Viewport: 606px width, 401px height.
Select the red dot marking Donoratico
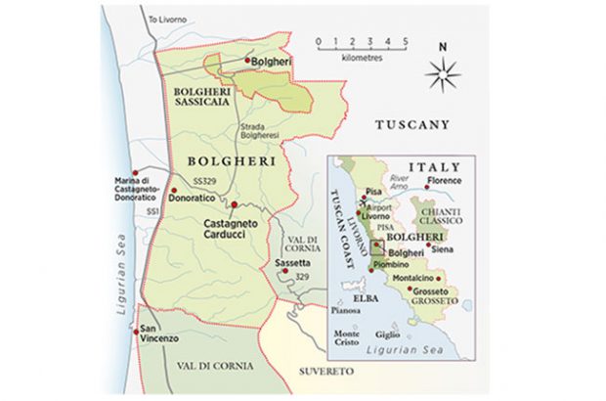coord(173,190)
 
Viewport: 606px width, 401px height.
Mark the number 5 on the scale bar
coord(404,41)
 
